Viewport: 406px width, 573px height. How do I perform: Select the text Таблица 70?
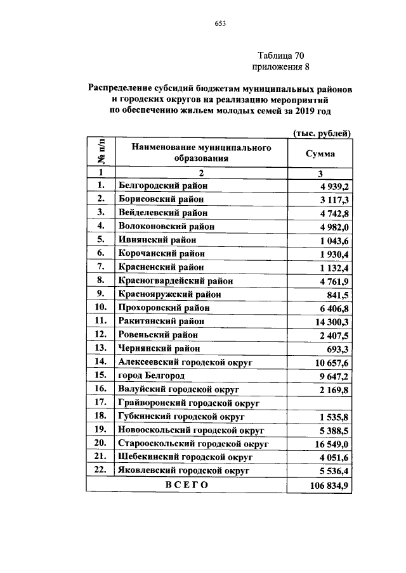coord(282,55)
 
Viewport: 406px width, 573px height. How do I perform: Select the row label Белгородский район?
coord(163,186)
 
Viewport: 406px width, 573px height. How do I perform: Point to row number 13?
coord(100,348)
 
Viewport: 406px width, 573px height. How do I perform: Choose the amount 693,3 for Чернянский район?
coord(336,348)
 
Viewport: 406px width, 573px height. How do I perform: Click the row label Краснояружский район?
coord(170,294)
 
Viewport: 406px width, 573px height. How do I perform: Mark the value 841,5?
coord(336,294)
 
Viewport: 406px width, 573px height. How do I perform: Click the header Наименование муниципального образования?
coord(201,153)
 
